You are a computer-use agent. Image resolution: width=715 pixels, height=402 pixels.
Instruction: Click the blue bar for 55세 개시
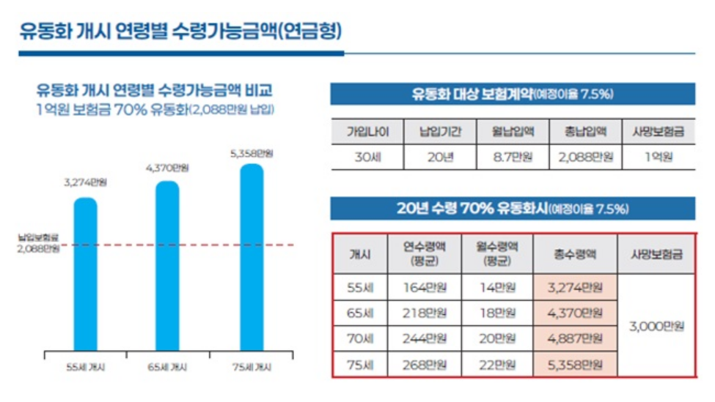(x=86, y=275)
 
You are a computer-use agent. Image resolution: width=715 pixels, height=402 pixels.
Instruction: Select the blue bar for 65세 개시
(x=167, y=267)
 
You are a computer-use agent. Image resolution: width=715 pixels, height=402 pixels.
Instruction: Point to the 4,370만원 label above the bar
(x=168, y=168)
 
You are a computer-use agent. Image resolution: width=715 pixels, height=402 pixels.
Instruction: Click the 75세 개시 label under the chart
(x=251, y=367)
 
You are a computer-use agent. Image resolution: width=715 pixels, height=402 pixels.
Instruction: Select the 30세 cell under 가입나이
(x=364, y=157)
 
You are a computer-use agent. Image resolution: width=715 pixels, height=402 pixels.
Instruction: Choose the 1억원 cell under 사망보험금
(x=657, y=157)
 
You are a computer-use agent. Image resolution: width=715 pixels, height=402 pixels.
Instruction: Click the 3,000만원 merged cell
(x=656, y=326)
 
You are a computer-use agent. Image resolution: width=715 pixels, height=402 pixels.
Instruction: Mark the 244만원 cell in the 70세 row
(x=425, y=338)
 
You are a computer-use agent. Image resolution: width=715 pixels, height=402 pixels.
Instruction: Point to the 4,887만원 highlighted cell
(x=575, y=338)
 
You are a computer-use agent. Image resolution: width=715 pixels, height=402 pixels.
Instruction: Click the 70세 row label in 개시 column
(x=360, y=338)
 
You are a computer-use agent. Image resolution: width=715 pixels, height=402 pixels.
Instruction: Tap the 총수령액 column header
(x=575, y=255)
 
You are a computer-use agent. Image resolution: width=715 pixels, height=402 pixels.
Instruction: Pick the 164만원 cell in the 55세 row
(x=425, y=287)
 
